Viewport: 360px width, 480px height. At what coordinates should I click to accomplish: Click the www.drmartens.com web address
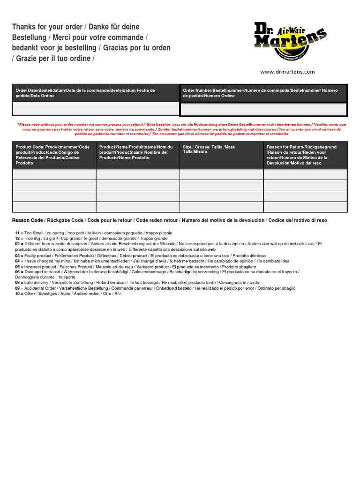(x=287, y=72)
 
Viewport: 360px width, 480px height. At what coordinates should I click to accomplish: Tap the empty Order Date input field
(x=96, y=109)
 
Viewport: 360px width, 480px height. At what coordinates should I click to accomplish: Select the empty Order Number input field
(x=263, y=109)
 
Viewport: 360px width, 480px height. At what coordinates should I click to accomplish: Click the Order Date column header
(x=96, y=93)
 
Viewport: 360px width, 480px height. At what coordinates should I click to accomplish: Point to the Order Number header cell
(x=263, y=93)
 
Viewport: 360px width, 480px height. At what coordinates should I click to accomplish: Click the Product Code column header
(x=54, y=155)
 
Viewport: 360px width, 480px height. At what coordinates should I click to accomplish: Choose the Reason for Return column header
(x=305, y=155)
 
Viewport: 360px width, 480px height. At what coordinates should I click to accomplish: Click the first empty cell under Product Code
(x=54, y=174)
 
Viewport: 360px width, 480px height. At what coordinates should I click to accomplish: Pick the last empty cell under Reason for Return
(x=305, y=207)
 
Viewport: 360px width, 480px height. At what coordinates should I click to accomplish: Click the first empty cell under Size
(x=221, y=174)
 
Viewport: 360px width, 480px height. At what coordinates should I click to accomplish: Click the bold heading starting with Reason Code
(x=169, y=220)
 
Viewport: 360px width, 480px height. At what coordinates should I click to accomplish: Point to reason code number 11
(x=17, y=233)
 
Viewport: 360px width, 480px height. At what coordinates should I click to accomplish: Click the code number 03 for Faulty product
(x=17, y=255)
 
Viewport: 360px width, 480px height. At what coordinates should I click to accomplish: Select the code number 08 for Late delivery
(x=17, y=283)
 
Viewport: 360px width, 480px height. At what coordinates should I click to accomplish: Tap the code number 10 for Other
(x=17, y=294)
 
